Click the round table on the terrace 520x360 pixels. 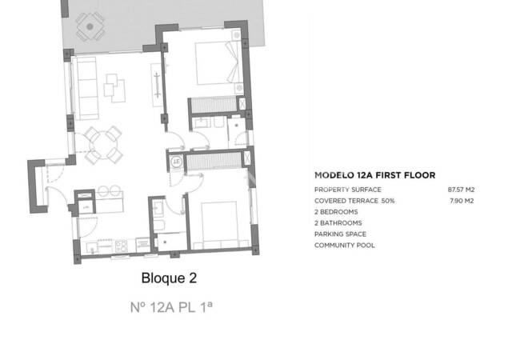pyautogui.click(x=90, y=26)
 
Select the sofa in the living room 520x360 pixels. pyautogui.click(x=83, y=88)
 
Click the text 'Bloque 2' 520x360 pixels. pyautogui.click(x=169, y=278)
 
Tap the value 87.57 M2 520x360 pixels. pyautogui.click(x=462, y=189)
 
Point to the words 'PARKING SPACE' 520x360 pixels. pyautogui.click(x=341, y=234)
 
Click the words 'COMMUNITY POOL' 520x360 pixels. pyautogui.click(x=345, y=245)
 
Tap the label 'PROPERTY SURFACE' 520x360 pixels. pyautogui.click(x=347, y=189)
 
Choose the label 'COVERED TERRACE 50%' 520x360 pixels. pyautogui.click(x=354, y=200)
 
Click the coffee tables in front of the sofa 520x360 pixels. pyautogui.click(x=114, y=87)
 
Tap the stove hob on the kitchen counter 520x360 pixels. pyautogui.click(x=120, y=245)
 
